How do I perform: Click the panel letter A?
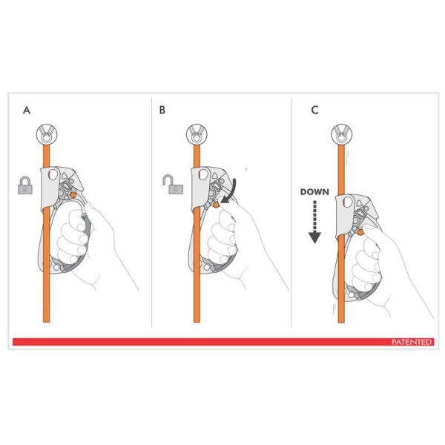(x=27, y=111)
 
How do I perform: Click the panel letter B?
(x=162, y=111)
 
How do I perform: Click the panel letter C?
(x=314, y=111)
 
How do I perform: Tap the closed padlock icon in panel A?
(x=26, y=185)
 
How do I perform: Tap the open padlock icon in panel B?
(x=172, y=184)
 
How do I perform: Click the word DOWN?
(x=314, y=191)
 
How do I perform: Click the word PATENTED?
(x=412, y=342)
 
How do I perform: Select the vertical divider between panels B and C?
(x=291, y=215)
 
